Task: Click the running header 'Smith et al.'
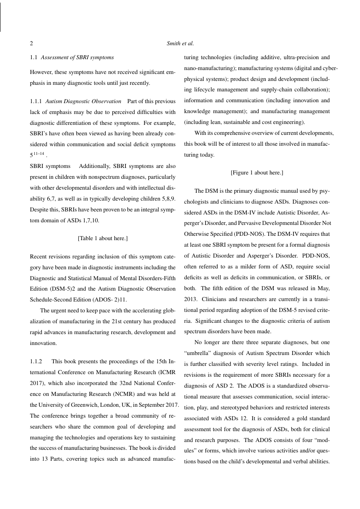click(180, 44)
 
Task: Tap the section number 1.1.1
click(36, 101)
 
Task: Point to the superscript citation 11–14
click(38, 153)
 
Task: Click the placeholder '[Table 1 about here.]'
click(103, 238)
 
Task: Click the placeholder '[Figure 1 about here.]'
click(257, 173)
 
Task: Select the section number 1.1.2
click(36, 362)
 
